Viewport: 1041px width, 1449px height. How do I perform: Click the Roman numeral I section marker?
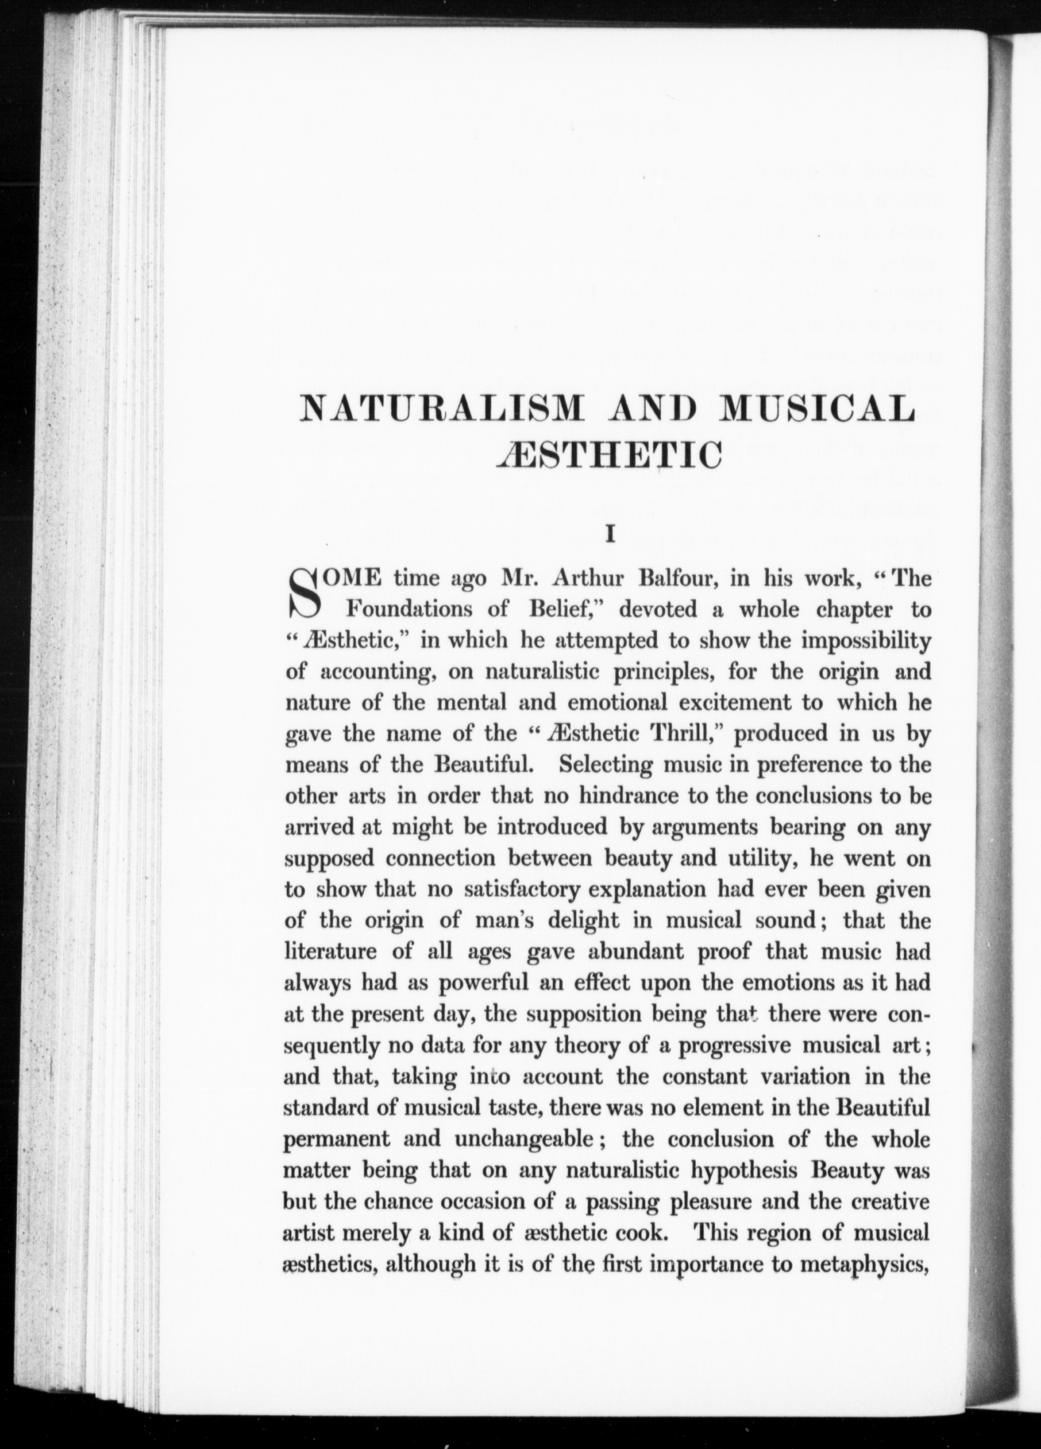(x=610, y=534)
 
